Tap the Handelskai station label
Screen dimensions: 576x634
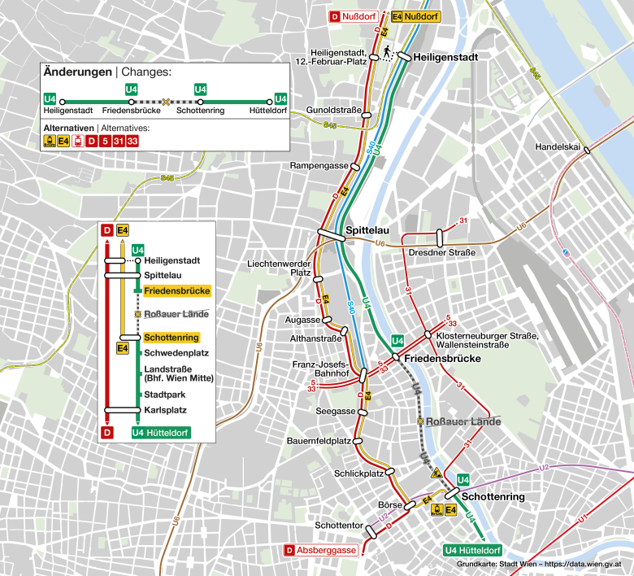point(558,146)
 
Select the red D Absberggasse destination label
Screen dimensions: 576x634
point(321,551)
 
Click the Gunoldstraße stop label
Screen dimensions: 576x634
point(333,110)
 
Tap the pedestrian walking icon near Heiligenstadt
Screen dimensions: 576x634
point(388,53)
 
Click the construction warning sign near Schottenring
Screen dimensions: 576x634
point(437,473)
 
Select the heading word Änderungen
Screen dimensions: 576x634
point(77,72)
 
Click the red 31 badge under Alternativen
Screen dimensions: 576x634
point(118,141)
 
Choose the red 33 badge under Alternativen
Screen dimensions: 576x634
point(132,141)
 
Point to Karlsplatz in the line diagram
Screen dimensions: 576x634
point(165,410)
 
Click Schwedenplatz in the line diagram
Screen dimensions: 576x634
point(172,353)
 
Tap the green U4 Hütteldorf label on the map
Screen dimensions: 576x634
point(473,551)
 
